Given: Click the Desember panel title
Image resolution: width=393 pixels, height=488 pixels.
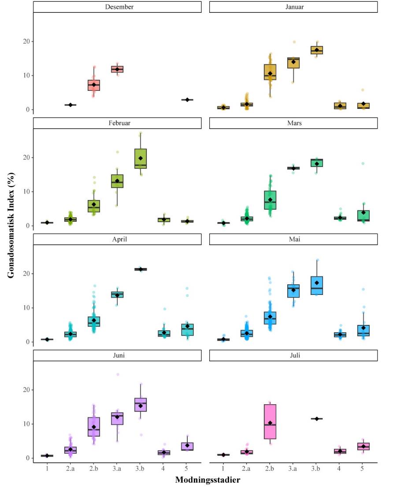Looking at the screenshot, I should [117, 7].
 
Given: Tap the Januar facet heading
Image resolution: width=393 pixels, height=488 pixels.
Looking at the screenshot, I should [293, 7].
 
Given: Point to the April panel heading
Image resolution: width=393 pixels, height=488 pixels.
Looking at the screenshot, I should [117, 239].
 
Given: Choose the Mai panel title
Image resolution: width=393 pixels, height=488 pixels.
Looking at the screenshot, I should [293, 239].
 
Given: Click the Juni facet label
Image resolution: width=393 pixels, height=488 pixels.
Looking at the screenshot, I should [117, 356].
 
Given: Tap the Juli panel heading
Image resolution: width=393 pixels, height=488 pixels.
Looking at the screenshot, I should [293, 356].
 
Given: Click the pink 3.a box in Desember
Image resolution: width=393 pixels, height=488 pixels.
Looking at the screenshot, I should [117, 69].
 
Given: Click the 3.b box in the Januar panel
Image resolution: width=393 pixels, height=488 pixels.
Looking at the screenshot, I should [317, 50].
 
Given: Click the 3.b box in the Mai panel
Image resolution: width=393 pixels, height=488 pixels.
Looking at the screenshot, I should [317, 286].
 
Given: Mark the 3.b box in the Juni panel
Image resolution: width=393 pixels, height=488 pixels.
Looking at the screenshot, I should [141, 405].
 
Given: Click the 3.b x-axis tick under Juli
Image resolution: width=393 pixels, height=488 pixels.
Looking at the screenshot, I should [317, 468].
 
